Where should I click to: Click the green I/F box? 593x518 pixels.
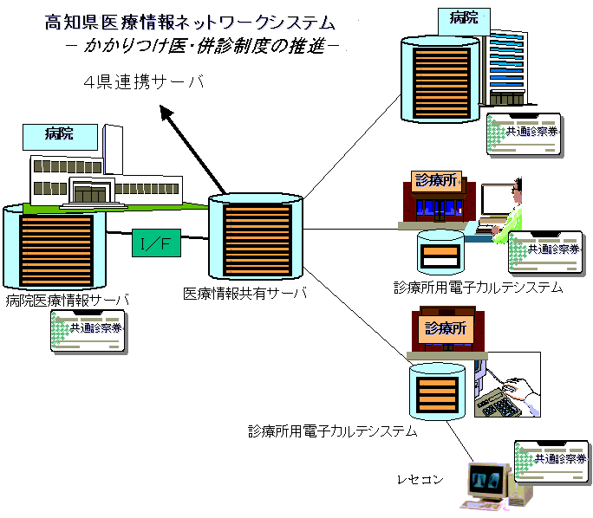pyautogui.click(x=157, y=245)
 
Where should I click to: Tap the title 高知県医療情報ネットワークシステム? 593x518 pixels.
pyautogui.click(x=190, y=22)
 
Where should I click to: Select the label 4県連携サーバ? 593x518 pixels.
pyautogui.click(x=143, y=82)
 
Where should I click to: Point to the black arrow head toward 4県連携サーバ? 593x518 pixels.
pyautogui.click(x=165, y=112)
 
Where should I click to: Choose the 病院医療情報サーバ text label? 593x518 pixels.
pyautogui.click(x=68, y=301)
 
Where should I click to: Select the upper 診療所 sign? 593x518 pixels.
pyautogui.click(x=435, y=180)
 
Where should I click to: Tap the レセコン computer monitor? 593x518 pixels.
pyautogui.click(x=487, y=482)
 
